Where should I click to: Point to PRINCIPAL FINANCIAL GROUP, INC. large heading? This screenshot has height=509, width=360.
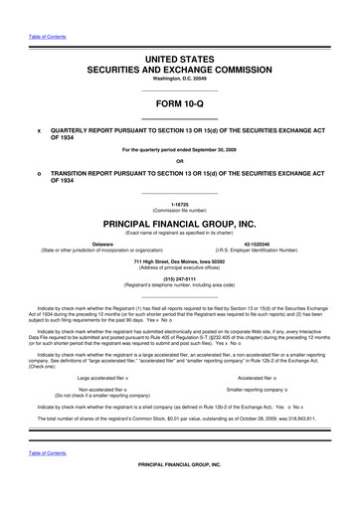[180, 225]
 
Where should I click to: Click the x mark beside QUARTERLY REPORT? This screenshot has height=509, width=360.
[38, 129]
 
